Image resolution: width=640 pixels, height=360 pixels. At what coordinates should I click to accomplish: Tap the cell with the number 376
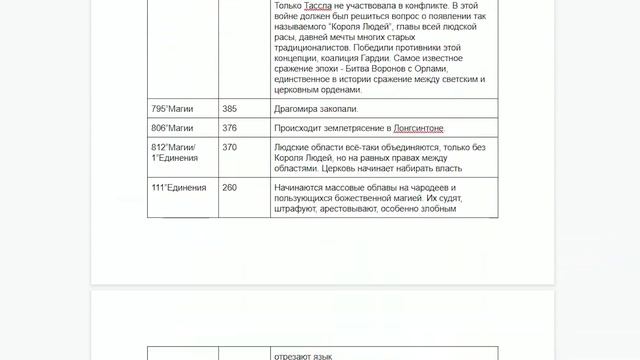(230, 128)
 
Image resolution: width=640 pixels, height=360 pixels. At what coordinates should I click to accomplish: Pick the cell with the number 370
(230, 147)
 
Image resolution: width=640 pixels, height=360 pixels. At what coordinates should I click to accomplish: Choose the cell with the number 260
(230, 188)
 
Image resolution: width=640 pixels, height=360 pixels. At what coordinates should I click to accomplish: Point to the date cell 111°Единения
(178, 188)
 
